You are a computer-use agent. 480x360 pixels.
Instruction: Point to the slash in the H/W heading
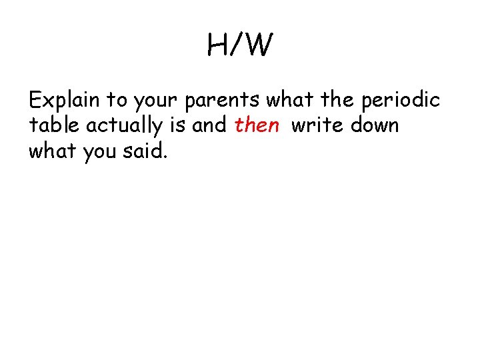tap(237, 46)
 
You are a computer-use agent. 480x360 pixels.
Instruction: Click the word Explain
tap(64, 101)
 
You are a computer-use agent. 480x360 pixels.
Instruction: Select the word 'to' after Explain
tap(117, 101)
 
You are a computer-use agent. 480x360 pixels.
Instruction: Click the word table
tap(52, 125)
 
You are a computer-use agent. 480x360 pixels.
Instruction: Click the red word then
tap(257, 125)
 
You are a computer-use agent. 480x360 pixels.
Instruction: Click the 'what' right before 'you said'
tap(53, 151)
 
